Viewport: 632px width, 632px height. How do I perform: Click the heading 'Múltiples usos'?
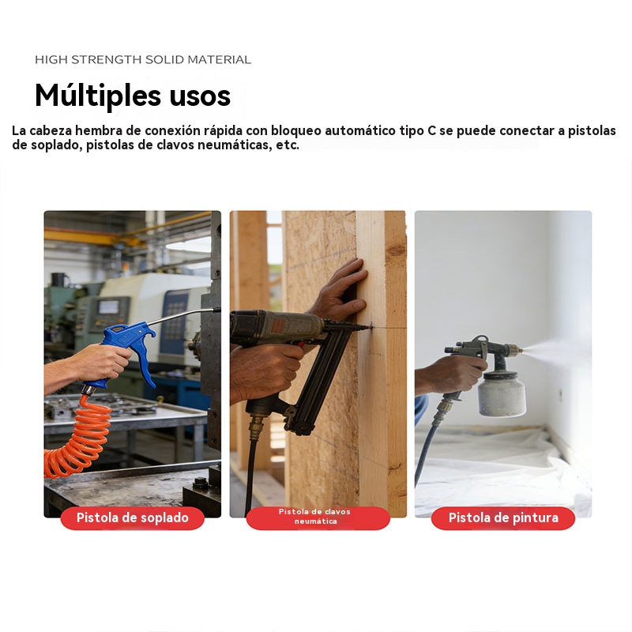133,95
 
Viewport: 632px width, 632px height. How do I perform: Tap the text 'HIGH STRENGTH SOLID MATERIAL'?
143,60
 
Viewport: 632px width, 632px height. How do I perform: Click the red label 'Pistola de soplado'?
132,518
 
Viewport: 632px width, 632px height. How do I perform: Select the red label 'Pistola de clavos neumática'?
318,517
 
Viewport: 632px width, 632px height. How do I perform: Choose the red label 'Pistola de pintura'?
503,518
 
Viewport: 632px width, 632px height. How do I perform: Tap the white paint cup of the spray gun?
502,394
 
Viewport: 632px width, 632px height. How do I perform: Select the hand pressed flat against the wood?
340,289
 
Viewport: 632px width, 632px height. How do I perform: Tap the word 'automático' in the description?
360,130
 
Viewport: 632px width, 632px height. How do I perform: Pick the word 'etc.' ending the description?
288,145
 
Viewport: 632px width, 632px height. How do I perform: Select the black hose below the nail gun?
250,472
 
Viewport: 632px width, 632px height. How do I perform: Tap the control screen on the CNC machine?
108,307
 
